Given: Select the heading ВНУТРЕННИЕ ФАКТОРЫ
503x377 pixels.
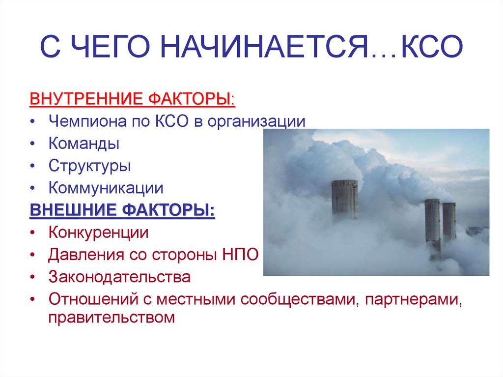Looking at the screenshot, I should point(133,98).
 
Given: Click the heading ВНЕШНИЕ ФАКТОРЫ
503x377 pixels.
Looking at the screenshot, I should point(122,210).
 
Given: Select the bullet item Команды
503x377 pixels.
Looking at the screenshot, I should point(84,144).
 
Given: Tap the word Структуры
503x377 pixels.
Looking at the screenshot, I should point(89,166).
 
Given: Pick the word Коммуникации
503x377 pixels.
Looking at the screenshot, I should point(106,188).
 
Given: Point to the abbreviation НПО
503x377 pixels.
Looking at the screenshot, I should point(241,255).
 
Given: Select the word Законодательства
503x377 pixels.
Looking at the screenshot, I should point(119,277).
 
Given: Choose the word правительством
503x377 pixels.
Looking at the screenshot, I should point(112,318).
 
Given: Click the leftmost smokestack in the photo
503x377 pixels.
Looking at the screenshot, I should point(344,199).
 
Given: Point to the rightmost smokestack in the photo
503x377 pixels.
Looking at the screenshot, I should point(449,221).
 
